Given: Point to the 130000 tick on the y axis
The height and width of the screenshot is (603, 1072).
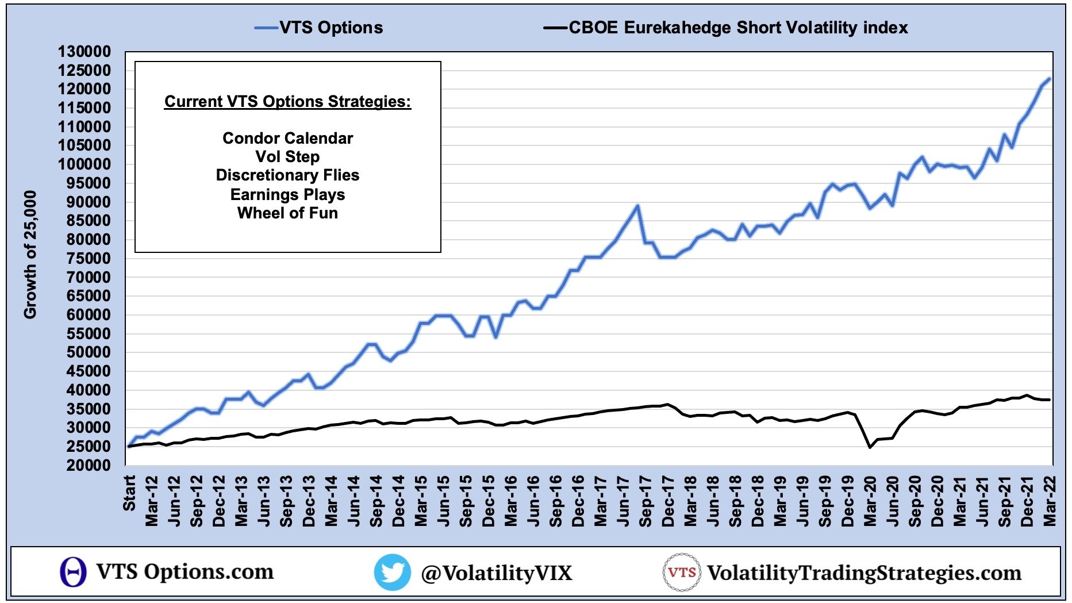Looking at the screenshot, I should (84, 52).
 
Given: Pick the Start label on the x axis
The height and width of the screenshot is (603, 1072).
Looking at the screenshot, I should (129, 493).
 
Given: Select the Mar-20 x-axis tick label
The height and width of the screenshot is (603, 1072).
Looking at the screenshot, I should (870, 501).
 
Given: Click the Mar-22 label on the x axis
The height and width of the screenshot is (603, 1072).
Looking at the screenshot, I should (1050, 501).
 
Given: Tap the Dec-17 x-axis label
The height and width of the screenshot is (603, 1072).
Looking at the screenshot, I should (668, 501).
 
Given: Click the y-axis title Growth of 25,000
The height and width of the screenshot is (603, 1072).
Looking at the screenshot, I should (30, 254).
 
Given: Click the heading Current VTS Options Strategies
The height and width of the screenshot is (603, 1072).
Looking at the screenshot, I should (287, 102).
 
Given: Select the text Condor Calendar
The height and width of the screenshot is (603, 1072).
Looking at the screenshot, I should (287, 139).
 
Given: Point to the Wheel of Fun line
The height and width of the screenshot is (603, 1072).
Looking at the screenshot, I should (287, 213).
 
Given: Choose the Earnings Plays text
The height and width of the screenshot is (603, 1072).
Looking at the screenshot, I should (287, 195).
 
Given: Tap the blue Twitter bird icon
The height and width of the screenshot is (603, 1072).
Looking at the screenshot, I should (392, 572).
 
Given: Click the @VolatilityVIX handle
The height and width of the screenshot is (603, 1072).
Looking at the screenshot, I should (497, 573).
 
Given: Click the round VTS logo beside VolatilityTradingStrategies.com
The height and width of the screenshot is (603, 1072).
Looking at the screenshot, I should (681, 572).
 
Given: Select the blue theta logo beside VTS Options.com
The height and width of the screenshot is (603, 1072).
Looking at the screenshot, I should (73, 572).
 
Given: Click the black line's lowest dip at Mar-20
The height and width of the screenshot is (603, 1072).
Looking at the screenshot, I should (870, 447).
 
